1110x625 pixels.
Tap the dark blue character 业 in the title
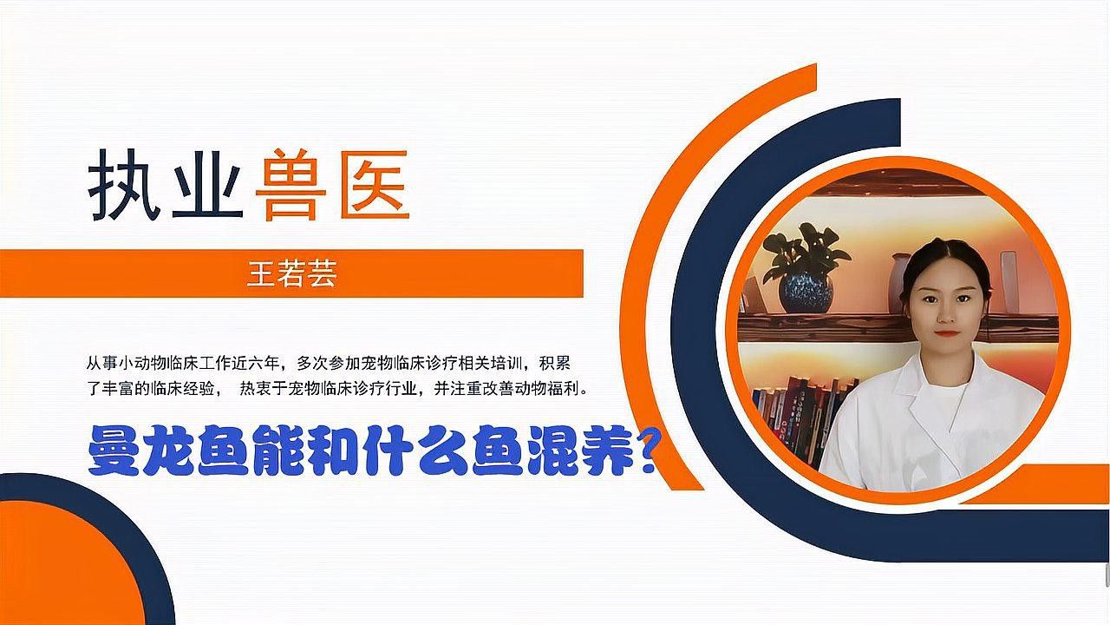point(206,187)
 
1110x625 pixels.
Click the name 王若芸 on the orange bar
point(291,274)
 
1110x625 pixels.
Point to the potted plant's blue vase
point(805,292)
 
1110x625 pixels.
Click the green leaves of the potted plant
point(806,247)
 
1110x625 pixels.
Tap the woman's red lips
point(946,332)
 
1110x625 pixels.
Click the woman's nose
point(946,314)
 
